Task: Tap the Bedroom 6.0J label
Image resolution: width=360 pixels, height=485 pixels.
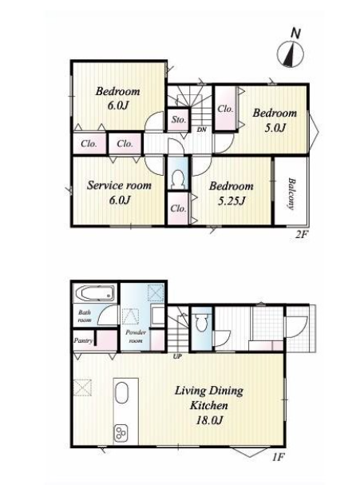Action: pos(117,98)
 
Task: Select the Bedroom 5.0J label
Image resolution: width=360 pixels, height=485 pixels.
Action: pos(275,120)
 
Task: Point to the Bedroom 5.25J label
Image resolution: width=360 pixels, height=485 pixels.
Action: pos(231,193)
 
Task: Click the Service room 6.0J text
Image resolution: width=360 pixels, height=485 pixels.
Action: pos(119,193)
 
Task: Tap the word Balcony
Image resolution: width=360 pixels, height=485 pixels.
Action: pos(291,193)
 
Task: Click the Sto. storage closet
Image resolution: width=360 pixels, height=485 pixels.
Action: pos(179,119)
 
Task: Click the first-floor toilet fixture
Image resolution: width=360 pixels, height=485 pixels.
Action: pos(201,323)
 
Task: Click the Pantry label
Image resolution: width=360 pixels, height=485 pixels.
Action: pos(83,340)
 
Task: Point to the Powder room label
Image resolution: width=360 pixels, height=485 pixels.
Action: pos(136,336)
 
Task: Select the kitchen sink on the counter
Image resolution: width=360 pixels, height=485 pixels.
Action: pos(121,393)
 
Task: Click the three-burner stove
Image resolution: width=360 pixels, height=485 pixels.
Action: pos(121,433)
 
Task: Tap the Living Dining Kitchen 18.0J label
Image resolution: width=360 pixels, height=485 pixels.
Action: pos(209,405)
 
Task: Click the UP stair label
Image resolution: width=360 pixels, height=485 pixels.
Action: pos(177,356)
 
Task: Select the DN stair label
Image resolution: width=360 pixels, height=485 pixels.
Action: pos(202,129)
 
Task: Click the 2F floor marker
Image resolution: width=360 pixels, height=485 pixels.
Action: pos(301,234)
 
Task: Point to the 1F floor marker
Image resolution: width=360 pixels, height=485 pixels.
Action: pos(278,457)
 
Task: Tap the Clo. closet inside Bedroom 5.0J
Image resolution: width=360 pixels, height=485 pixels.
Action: pos(225,109)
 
